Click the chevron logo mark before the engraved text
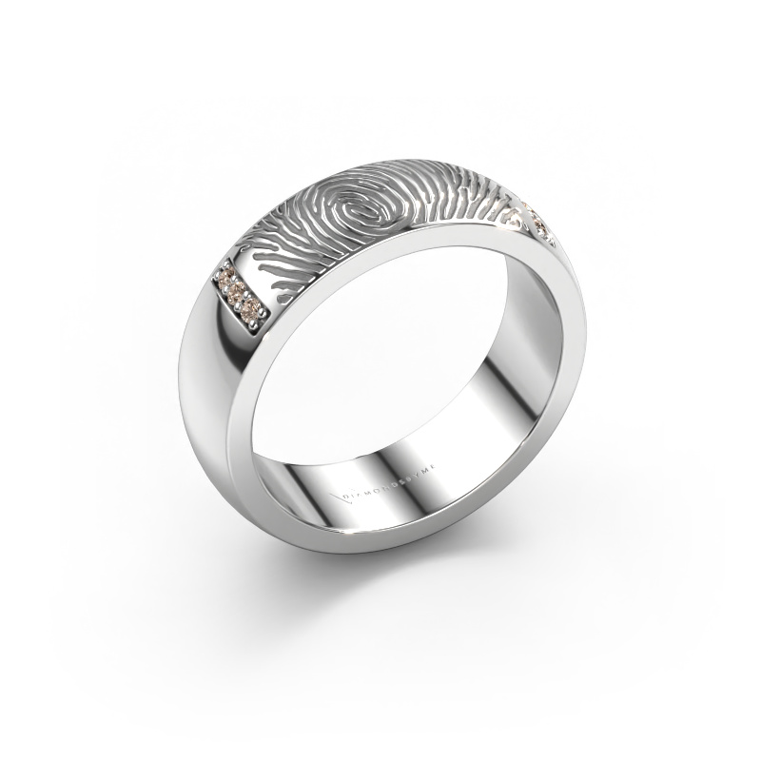[343, 498]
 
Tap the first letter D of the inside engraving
[345, 496]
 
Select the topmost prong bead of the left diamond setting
[224, 263]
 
